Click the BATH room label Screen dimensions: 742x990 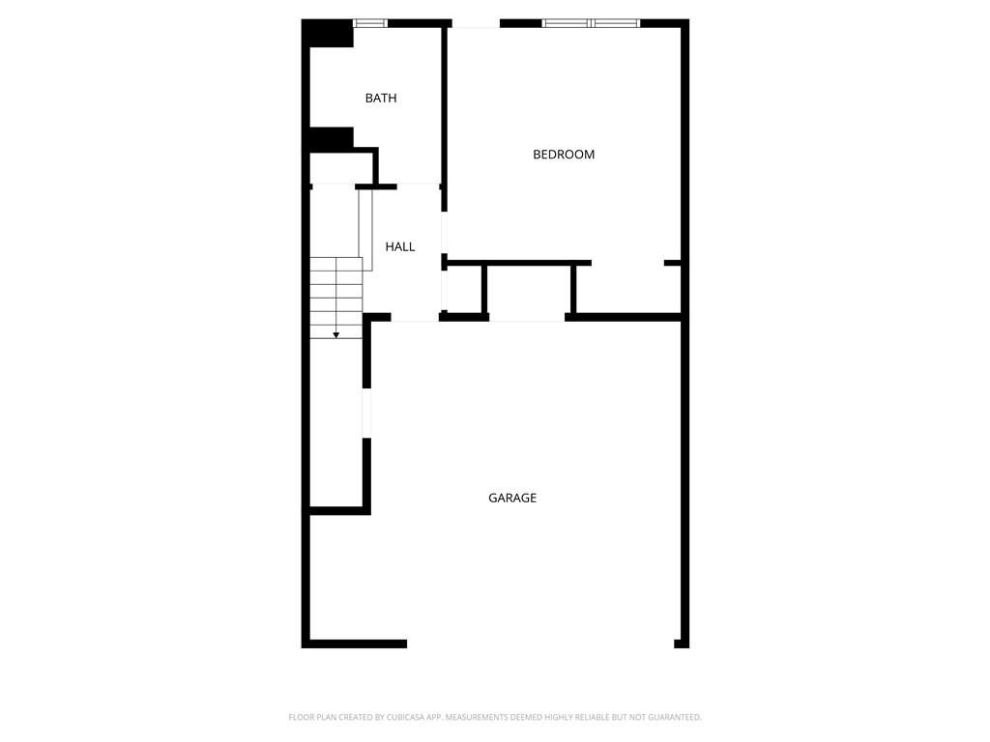381,99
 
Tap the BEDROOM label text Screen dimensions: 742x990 564,155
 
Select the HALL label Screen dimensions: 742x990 400,247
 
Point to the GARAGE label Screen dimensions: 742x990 512,499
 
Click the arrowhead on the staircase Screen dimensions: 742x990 336,334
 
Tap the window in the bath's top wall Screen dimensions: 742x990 369,22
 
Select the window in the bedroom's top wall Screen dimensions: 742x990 591,22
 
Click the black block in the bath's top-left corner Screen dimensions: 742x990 329,34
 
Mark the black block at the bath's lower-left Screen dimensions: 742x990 331,139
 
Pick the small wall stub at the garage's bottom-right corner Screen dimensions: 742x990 682,643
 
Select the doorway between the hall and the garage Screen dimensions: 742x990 416,318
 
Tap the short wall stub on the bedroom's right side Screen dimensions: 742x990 673,263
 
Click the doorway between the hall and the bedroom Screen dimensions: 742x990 444,232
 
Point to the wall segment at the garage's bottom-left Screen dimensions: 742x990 356,643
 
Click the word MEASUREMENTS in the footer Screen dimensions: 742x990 477,717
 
